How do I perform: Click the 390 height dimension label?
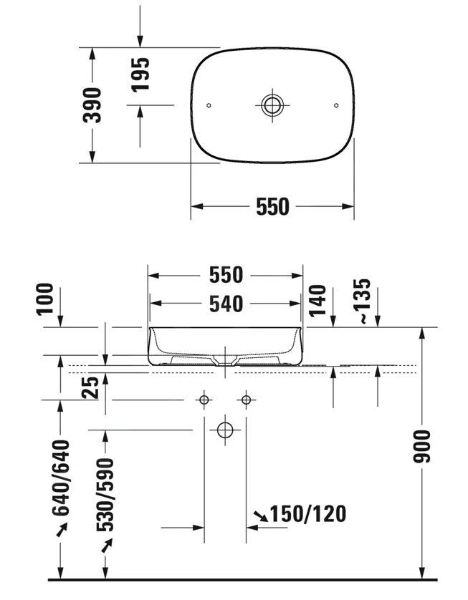tap(94, 105)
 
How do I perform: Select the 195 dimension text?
tap(140, 74)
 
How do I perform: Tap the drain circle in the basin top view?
tap(272, 105)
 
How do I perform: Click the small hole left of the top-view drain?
tap(209, 105)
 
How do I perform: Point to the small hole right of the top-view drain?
tap(336, 105)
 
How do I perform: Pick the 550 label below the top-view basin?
tap(272, 207)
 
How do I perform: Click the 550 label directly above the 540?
tap(226, 275)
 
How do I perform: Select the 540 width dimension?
tap(226, 304)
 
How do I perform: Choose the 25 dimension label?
tap(90, 389)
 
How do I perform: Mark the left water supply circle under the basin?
tap(204, 399)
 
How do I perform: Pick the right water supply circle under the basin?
tap(247, 399)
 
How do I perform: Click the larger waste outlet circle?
tap(225, 430)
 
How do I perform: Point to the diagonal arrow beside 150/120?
tap(261, 514)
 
